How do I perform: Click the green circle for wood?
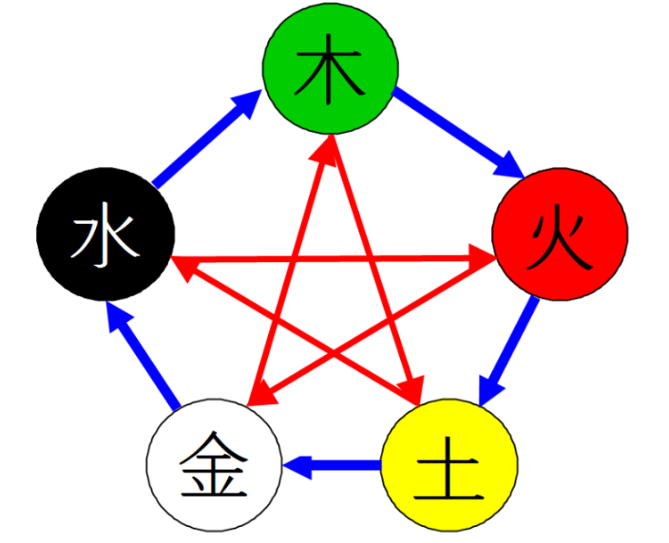pyautogui.click(x=331, y=67)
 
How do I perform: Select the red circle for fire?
pyautogui.click(x=560, y=234)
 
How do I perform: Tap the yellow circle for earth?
pyautogui.click(x=449, y=465)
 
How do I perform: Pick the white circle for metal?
pyautogui.click(x=214, y=465)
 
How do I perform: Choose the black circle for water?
pyautogui.click(x=105, y=234)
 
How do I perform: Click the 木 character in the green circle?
pyautogui.click(x=329, y=69)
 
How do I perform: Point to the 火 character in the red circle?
pyautogui.click(x=560, y=242)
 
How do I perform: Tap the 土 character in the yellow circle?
pyautogui.click(x=448, y=468)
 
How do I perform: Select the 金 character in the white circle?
pyautogui.click(x=214, y=464)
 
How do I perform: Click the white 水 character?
pyautogui.click(x=105, y=234)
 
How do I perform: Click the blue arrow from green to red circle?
pyautogui.click(x=458, y=133)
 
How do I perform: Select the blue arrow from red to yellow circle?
pyautogui.click(x=507, y=351)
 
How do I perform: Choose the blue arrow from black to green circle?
pyautogui.click(x=207, y=138)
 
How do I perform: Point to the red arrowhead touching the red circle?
pyautogui.click(x=481, y=256)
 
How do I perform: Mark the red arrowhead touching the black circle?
pyautogui.click(x=184, y=269)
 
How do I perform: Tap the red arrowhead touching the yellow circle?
pyautogui.click(x=411, y=388)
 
